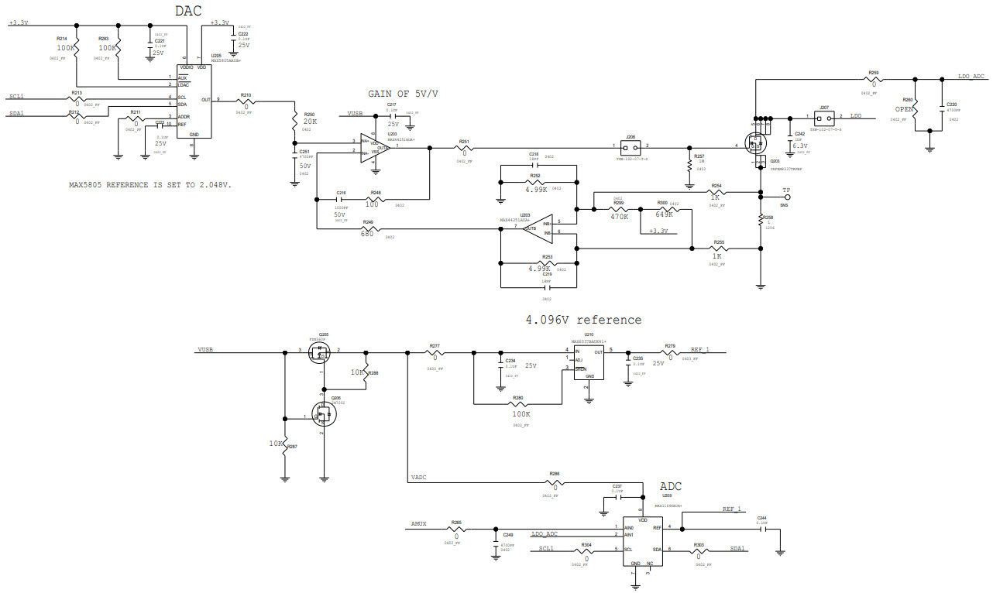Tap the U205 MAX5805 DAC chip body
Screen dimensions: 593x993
click(x=193, y=101)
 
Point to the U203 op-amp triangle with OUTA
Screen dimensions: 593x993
click(x=377, y=147)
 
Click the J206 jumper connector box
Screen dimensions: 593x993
click(x=631, y=146)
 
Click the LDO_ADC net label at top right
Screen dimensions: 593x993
click(x=971, y=76)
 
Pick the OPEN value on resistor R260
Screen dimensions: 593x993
click(x=905, y=109)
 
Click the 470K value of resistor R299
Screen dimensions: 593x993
click(x=620, y=217)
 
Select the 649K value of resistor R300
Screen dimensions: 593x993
click(x=665, y=213)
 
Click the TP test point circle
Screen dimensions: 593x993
click(x=787, y=197)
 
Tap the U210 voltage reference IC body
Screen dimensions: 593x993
click(x=589, y=362)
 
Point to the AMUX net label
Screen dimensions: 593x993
click(x=419, y=525)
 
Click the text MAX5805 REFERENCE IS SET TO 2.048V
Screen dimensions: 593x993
click(x=150, y=185)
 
